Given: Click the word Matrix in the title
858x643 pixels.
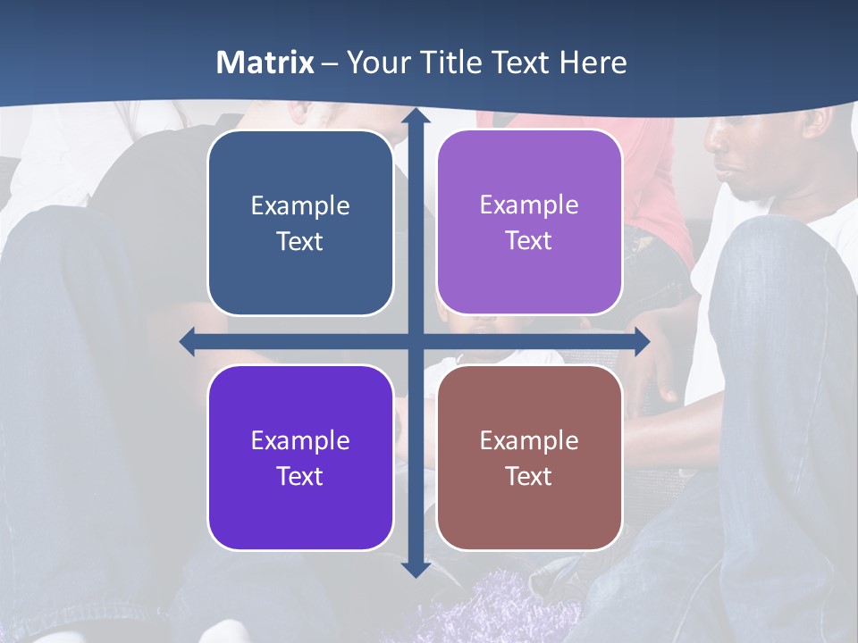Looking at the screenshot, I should [265, 63].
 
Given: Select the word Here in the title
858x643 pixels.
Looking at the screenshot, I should [593, 63].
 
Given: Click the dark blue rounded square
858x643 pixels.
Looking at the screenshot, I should [300, 222].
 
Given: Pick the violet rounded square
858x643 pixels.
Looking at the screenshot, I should [300, 457].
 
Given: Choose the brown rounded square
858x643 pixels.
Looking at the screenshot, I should [529, 457].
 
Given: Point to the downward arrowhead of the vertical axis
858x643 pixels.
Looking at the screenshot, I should [415, 569].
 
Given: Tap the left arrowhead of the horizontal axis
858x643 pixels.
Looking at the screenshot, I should [188, 341].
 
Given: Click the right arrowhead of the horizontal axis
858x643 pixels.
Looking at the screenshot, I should [641, 341].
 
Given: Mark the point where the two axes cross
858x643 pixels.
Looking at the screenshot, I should [415, 341].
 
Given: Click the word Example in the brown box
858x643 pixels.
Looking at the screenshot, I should [529, 440].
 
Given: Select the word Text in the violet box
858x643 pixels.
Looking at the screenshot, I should [300, 476].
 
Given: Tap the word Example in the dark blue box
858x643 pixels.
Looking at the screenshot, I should [300, 205].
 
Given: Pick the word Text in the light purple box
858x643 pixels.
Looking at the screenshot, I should [529, 240].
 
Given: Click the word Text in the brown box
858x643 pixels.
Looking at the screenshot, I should [529, 476].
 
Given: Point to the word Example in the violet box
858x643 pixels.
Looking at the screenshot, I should [300, 440].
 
